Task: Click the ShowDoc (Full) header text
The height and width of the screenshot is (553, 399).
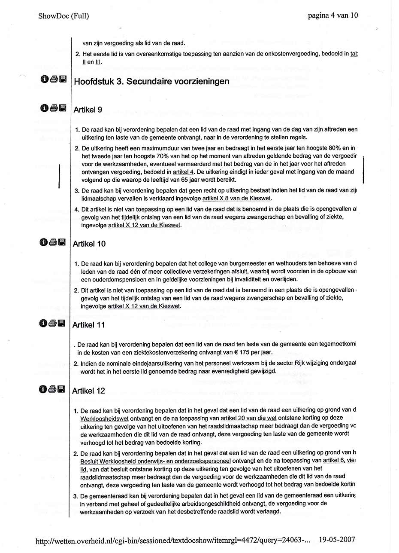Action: pos(63,16)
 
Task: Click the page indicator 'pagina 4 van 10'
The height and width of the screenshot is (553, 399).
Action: pos(332,16)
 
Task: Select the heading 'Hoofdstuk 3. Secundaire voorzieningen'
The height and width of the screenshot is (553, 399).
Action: pos(151,81)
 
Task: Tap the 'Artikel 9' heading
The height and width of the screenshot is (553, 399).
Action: pos(88,110)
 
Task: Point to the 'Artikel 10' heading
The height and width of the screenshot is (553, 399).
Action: pos(89,244)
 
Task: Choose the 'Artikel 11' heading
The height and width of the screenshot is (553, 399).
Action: pos(89,325)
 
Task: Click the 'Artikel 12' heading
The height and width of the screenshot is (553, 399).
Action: pos(89,391)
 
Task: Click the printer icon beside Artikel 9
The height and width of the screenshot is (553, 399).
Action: pos(54,108)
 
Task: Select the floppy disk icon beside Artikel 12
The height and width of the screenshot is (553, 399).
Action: pos(62,389)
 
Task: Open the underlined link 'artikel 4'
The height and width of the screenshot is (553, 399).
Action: pos(183,172)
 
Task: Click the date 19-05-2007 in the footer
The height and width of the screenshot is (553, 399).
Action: pos(338,540)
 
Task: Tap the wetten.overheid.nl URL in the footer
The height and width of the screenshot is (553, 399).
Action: pos(173,540)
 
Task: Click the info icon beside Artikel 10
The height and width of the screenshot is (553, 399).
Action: pos(44,242)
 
